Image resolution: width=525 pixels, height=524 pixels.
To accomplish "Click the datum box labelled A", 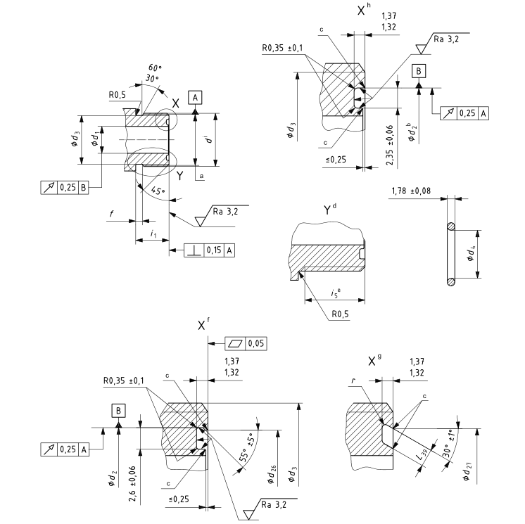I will tap(195, 98).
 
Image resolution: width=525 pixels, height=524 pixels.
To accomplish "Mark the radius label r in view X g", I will tap(355, 381).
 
